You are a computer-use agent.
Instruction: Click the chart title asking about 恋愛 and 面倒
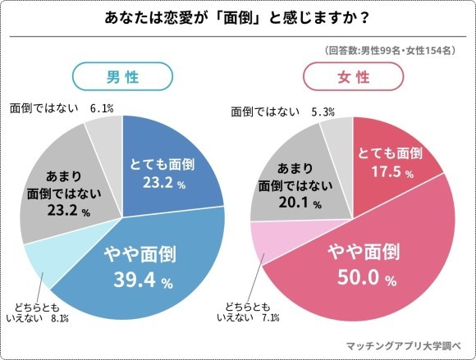click(x=237, y=17)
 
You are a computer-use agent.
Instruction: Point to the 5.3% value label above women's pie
click(x=327, y=108)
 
